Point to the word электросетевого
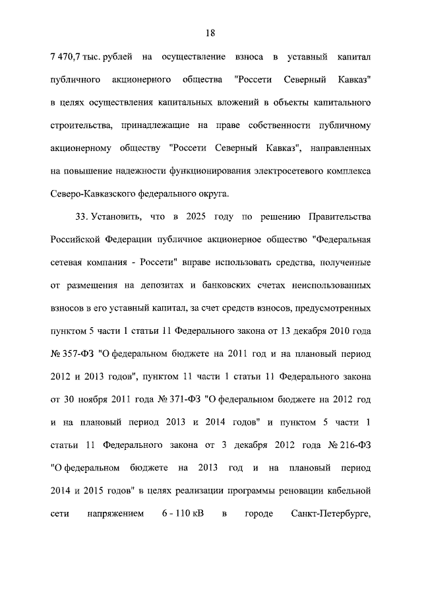(x=287, y=172)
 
